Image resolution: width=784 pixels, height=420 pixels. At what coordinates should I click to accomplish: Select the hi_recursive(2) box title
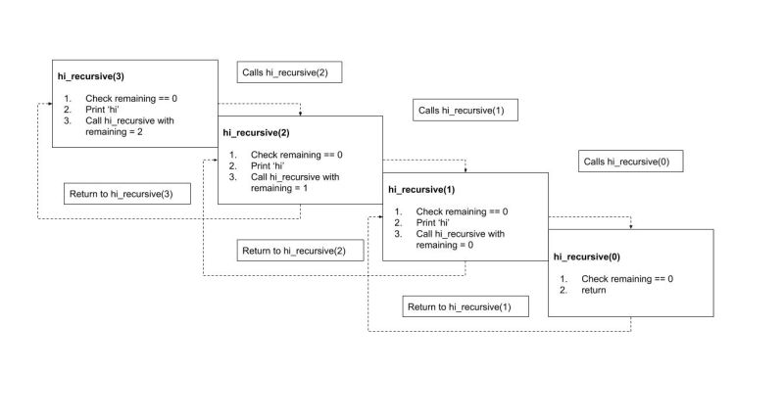(257, 130)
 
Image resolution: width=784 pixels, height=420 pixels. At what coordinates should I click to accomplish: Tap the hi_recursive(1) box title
(421, 187)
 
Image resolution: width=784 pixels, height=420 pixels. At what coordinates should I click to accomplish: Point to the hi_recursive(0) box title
(587, 256)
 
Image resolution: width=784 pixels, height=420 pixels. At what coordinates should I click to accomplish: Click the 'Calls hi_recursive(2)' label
(290, 73)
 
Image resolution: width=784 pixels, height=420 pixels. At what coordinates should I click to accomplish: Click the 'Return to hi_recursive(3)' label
(121, 194)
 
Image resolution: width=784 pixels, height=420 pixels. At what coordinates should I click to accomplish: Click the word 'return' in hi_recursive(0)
(594, 290)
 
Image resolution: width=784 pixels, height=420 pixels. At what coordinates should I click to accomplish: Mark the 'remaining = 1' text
(279, 188)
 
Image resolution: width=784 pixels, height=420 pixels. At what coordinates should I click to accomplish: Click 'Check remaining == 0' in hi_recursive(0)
(627, 278)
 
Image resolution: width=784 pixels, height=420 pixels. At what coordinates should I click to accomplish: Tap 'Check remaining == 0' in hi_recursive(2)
(297, 155)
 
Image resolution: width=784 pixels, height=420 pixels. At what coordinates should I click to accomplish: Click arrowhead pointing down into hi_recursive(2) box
(300, 113)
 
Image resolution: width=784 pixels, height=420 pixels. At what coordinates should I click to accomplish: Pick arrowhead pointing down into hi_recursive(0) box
(631, 225)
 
